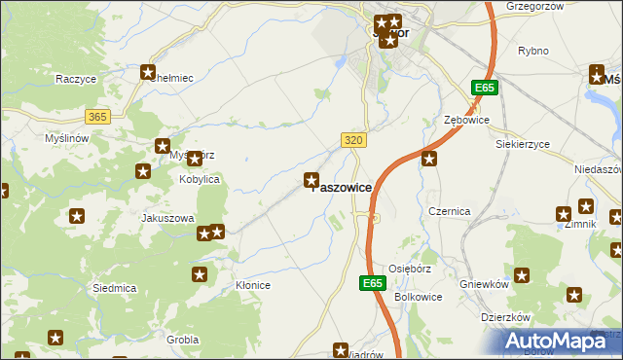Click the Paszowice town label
(340, 187)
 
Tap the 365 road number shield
(97, 116)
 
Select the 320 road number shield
(354, 140)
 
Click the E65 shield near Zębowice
(484, 89)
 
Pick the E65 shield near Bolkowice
(371, 283)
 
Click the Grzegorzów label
(534, 6)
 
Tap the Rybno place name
(533, 51)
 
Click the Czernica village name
(450, 211)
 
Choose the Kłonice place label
(253, 285)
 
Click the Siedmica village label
(114, 288)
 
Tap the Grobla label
(182, 340)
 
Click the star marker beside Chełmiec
(148, 71)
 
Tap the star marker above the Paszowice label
(311, 179)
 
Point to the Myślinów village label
(67, 138)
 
